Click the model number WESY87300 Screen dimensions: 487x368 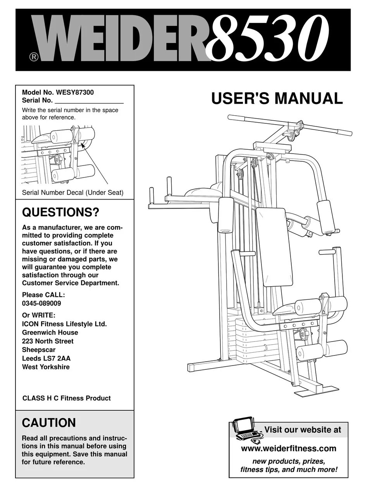click(x=75, y=93)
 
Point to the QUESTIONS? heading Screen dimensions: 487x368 click(x=61, y=212)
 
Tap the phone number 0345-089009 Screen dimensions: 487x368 click(x=41, y=304)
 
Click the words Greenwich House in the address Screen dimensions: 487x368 click(x=50, y=333)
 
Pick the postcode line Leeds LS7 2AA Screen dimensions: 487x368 click(x=46, y=358)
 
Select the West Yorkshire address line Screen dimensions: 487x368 click(x=46, y=367)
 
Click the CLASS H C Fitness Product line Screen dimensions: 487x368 click(x=66, y=398)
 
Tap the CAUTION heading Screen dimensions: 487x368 click(x=49, y=423)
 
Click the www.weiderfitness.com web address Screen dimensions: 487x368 click(x=289, y=449)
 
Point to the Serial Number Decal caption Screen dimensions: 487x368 click(x=73, y=193)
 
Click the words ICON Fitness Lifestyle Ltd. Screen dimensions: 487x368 click(x=64, y=324)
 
